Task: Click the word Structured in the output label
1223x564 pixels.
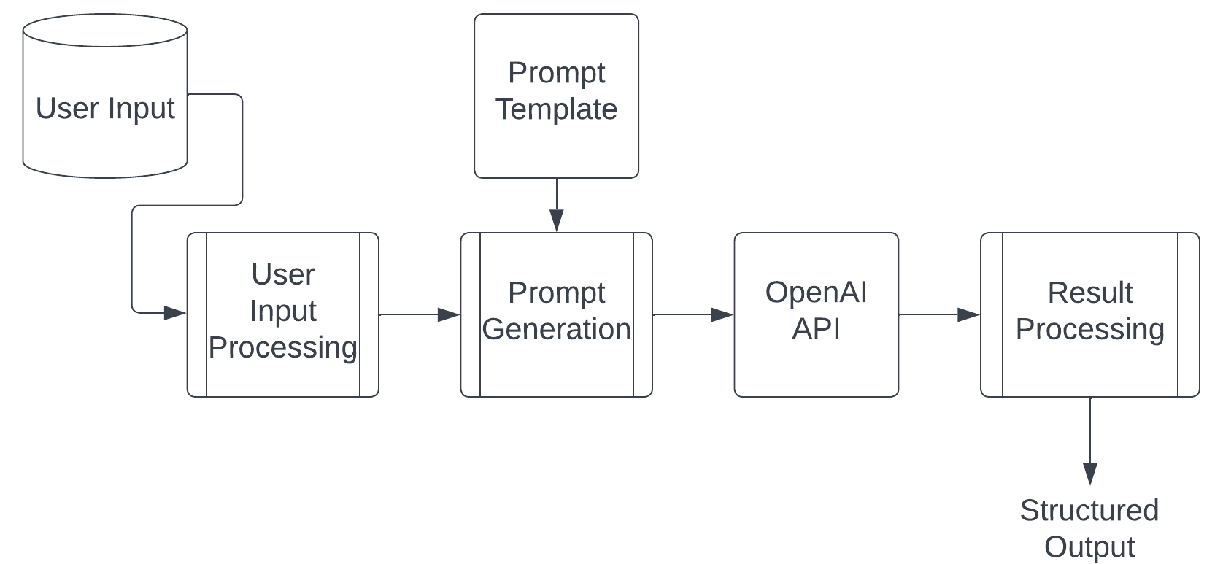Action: (1089, 510)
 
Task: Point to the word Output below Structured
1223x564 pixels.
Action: (1089, 546)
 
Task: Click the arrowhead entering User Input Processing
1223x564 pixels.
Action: (175, 313)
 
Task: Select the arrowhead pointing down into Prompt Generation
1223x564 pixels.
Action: (557, 220)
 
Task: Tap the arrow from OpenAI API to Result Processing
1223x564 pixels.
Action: (938, 314)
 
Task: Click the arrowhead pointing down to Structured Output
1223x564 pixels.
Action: (1090, 474)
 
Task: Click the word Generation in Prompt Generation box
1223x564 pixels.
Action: (556, 329)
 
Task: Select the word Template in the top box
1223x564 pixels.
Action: (556, 109)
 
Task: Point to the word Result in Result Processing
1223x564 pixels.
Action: (1089, 293)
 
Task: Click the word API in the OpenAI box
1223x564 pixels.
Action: (816, 328)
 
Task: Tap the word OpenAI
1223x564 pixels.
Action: (816, 292)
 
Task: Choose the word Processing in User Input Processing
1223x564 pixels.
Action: (282, 347)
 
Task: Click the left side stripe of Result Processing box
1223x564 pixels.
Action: (992, 314)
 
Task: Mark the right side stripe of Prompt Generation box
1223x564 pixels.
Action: (642, 314)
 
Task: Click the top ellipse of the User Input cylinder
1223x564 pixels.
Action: (105, 31)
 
